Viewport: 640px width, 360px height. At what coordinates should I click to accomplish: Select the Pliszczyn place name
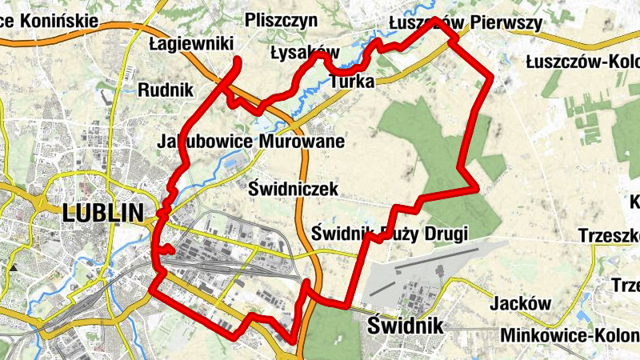[282, 20]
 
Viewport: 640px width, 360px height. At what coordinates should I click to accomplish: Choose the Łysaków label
[304, 54]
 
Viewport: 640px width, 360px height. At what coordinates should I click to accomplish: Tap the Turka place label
[352, 80]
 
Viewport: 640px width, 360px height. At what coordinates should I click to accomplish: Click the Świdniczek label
[294, 189]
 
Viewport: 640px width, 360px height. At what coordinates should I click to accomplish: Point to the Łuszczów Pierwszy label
[475, 23]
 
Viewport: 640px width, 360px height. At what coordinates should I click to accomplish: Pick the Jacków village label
[521, 304]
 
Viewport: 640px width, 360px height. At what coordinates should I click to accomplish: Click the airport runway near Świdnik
[448, 255]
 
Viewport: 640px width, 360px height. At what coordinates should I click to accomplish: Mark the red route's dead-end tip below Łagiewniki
[238, 60]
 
